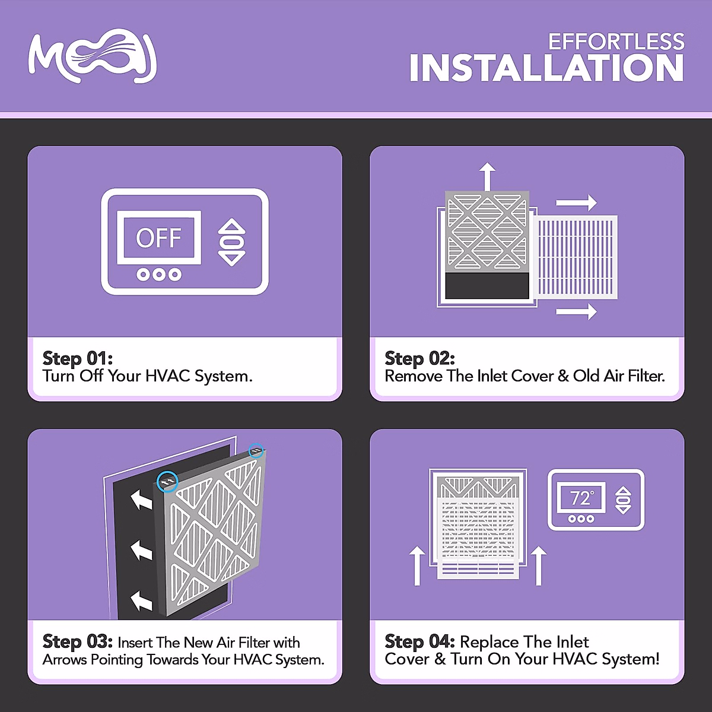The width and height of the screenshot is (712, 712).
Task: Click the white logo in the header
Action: (x=93, y=56)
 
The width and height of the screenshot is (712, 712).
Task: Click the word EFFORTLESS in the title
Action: (x=616, y=42)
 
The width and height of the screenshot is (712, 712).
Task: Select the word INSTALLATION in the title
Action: (x=546, y=68)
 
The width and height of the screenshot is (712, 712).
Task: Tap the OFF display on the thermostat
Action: (x=158, y=238)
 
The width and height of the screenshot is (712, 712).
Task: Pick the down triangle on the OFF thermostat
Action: (x=232, y=258)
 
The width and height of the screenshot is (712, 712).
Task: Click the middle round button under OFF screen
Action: (x=158, y=274)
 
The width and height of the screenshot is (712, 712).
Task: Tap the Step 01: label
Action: (x=77, y=358)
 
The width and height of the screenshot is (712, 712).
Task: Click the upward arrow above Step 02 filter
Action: (x=487, y=176)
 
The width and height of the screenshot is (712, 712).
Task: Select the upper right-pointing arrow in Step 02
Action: (x=576, y=202)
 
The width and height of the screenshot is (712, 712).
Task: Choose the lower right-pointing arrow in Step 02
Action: (x=576, y=311)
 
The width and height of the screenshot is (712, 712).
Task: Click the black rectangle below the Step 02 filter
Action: (x=487, y=286)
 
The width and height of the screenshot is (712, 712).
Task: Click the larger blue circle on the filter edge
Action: (x=168, y=481)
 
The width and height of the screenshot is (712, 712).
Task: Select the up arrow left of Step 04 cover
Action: (x=417, y=565)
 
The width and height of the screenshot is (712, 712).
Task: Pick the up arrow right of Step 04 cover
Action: (x=538, y=565)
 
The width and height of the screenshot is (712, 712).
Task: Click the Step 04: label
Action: (x=419, y=641)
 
